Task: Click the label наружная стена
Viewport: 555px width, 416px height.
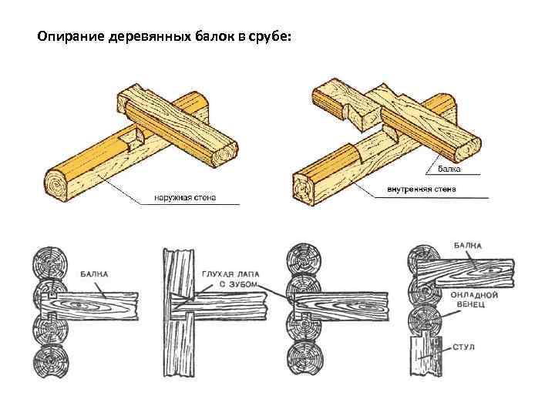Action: (x=185, y=197)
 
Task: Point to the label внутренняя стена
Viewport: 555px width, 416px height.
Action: (x=422, y=187)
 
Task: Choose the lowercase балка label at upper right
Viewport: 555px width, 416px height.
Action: (x=450, y=168)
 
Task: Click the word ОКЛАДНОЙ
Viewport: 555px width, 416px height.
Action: (x=475, y=294)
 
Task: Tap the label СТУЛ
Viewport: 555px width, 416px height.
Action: (x=464, y=347)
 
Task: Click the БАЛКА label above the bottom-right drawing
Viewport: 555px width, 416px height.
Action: (x=468, y=246)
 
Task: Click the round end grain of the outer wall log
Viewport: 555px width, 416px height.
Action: (x=55, y=187)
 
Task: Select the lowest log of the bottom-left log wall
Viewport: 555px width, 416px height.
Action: (x=51, y=360)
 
